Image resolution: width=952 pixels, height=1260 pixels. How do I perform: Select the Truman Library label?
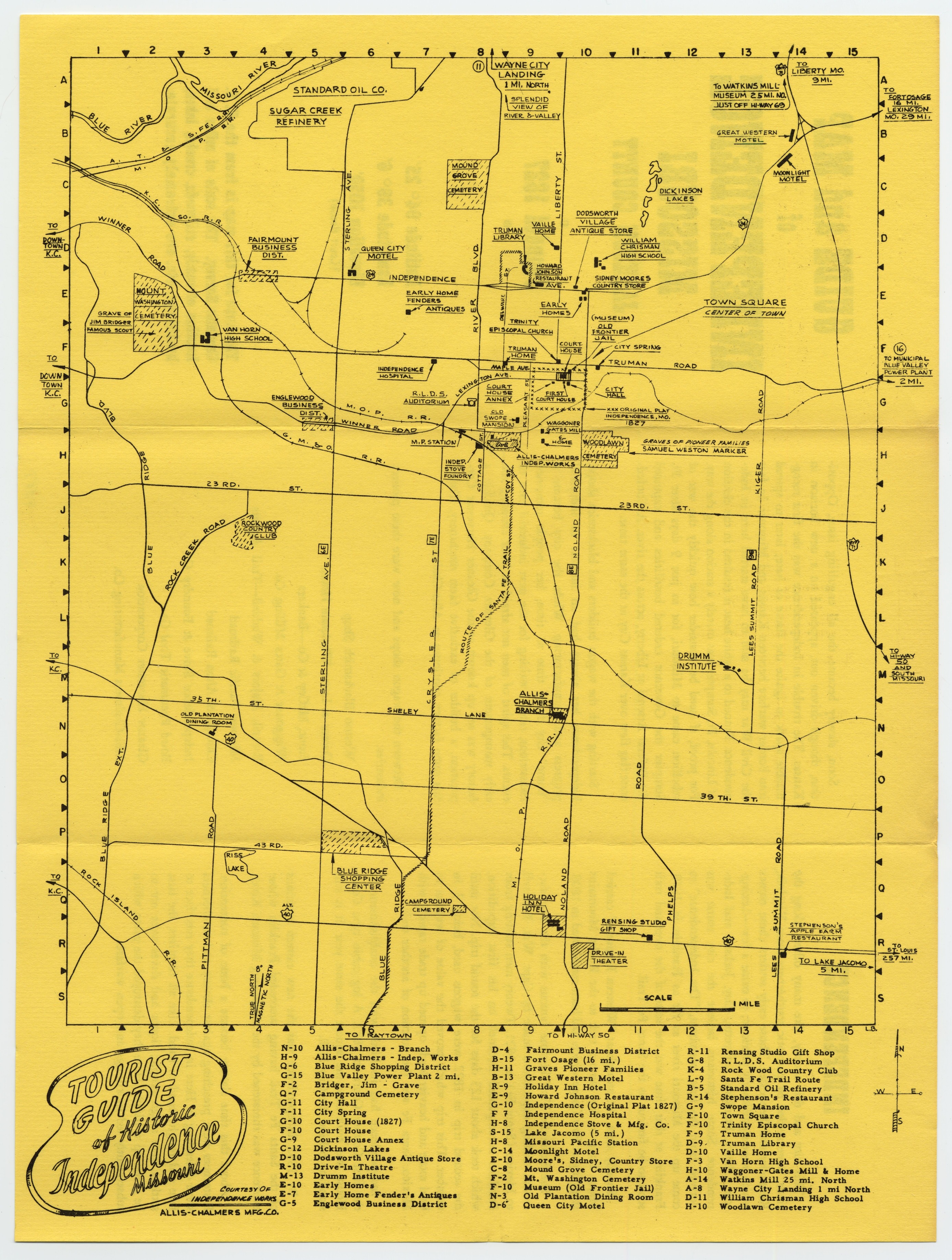point(508,234)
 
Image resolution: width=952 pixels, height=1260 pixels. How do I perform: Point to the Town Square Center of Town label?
point(745,307)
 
